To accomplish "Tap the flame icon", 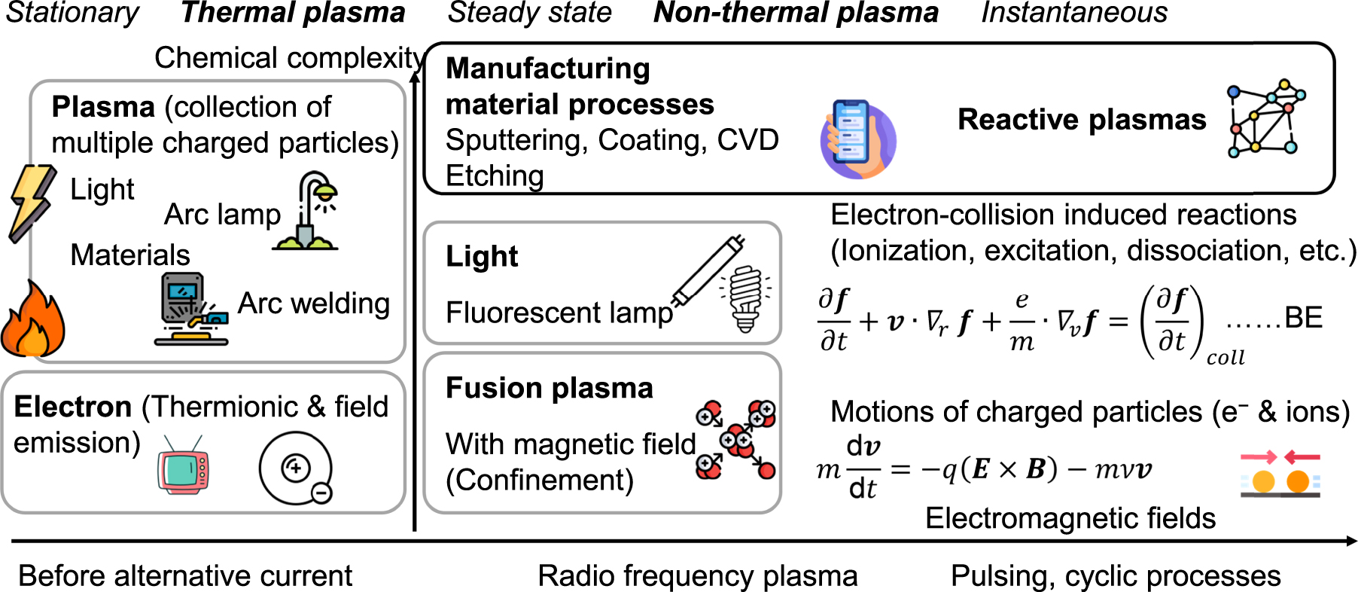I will [32, 320].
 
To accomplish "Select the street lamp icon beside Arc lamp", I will [309, 212].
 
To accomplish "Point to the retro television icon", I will [183, 466].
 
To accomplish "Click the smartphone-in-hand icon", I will [857, 139].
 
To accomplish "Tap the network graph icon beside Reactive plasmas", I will [1266, 118].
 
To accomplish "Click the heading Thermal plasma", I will [293, 13].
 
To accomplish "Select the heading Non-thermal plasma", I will [796, 13].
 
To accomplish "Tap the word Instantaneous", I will [1074, 13].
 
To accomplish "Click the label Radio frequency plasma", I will [697, 576].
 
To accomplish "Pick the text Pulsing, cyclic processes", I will [1115, 576].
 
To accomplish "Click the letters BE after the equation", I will [1303, 318].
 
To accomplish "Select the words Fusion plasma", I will [549, 388].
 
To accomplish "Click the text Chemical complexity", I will [289, 58].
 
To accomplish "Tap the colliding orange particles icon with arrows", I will [1280, 475].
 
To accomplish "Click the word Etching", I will [495, 176].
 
